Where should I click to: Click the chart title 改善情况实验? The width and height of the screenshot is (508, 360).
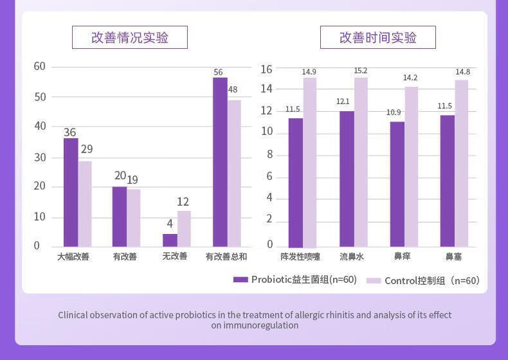pyautogui.click(x=129, y=37)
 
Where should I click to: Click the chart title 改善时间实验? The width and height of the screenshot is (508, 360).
pyautogui.click(x=377, y=37)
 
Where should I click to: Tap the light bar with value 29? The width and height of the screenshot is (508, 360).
pyautogui.click(x=86, y=203)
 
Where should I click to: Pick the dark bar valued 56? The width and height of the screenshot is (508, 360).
pyautogui.click(x=220, y=161)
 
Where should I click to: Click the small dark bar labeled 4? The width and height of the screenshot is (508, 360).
pyautogui.click(x=170, y=240)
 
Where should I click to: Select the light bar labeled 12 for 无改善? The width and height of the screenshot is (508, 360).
pyautogui.click(x=184, y=228)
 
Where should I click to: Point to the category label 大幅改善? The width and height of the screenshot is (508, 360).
pyautogui.click(x=73, y=256)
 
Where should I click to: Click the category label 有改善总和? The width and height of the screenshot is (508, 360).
pyautogui.click(x=226, y=256)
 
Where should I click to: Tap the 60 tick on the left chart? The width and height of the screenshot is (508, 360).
pyautogui.click(x=40, y=66)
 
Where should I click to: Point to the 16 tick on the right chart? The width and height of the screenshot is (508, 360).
pyautogui.click(x=266, y=69)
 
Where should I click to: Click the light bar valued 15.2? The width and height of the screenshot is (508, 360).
pyautogui.click(x=361, y=162)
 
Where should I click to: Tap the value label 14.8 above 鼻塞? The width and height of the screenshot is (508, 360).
pyautogui.click(x=462, y=72)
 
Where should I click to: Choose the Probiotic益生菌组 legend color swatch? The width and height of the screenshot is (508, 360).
pyautogui.click(x=240, y=280)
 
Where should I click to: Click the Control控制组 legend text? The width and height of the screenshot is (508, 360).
pyautogui.click(x=432, y=280)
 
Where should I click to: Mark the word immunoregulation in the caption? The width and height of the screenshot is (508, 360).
pyautogui.click(x=260, y=325)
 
